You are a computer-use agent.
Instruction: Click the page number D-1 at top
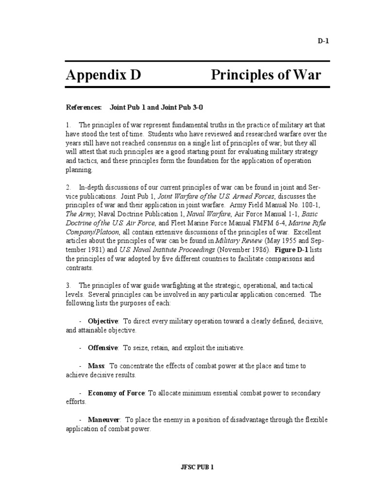click(x=323, y=41)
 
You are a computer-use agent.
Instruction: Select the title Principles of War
click(x=266, y=75)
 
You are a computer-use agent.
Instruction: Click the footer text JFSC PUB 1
click(x=197, y=467)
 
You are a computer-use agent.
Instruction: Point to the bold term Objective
click(x=102, y=321)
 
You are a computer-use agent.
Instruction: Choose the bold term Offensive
click(x=102, y=348)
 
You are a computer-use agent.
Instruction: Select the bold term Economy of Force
click(x=116, y=392)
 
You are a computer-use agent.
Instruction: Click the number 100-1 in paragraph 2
click(x=308, y=205)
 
